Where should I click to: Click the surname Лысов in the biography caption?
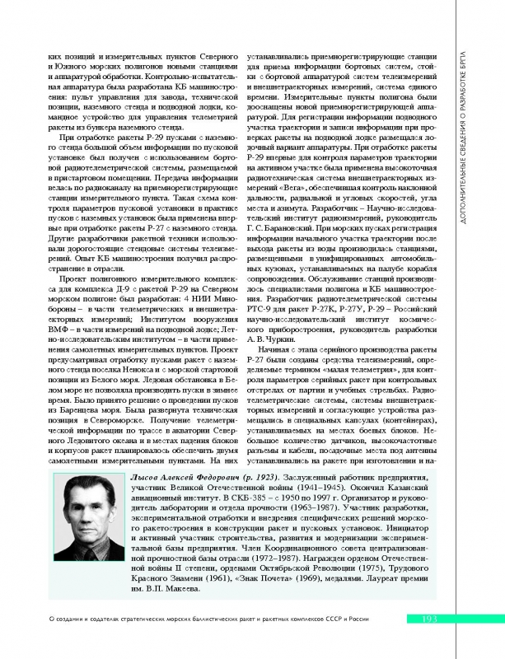[x=150, y=480]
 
